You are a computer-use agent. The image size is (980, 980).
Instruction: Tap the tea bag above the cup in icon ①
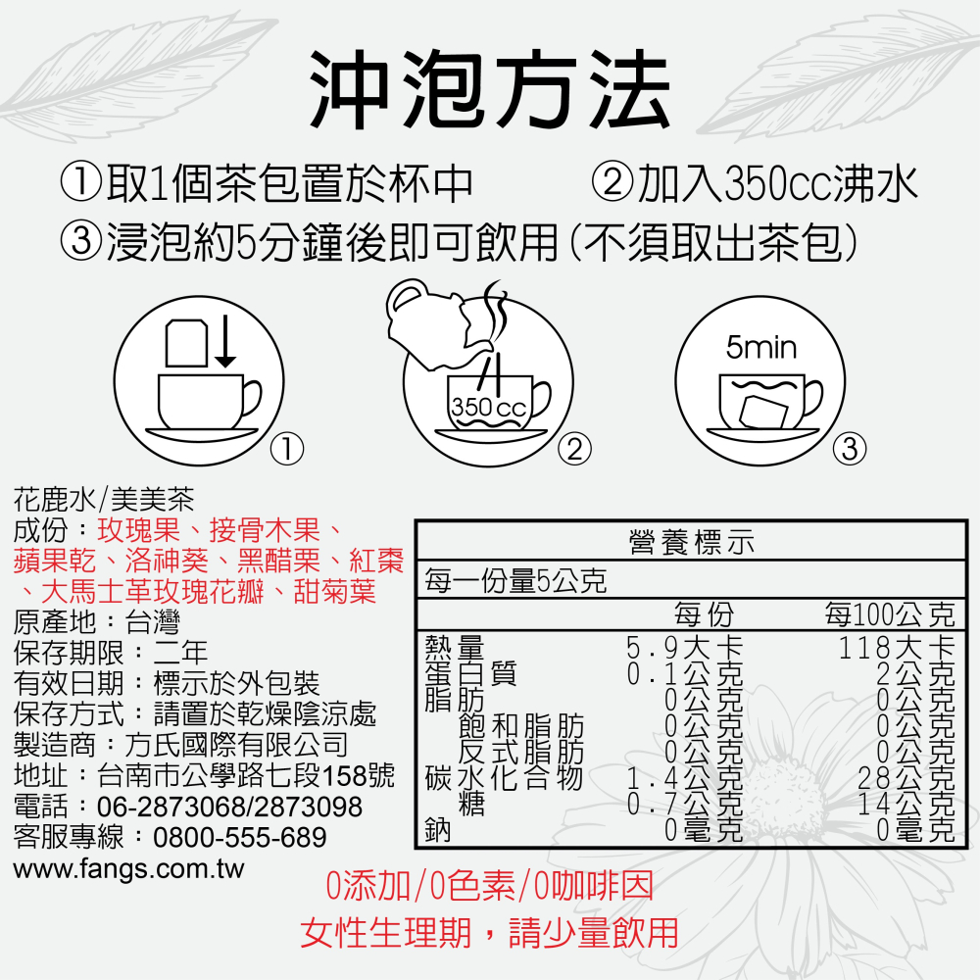186,343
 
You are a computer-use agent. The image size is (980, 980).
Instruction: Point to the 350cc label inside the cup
488,407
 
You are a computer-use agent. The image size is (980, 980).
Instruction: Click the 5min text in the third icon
761,348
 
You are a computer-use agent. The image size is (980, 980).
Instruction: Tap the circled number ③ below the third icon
849,450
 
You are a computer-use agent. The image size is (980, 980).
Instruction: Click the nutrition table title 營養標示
691,542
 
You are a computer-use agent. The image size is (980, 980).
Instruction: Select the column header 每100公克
889,615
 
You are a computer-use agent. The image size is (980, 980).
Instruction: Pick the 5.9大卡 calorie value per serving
685,648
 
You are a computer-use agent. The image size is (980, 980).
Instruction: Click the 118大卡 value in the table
897,648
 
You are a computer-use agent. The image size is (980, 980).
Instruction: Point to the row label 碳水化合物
504,780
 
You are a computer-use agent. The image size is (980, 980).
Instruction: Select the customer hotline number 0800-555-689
240,838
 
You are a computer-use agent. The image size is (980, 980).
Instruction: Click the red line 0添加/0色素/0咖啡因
489,887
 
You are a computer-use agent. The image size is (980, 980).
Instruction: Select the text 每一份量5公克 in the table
515,582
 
